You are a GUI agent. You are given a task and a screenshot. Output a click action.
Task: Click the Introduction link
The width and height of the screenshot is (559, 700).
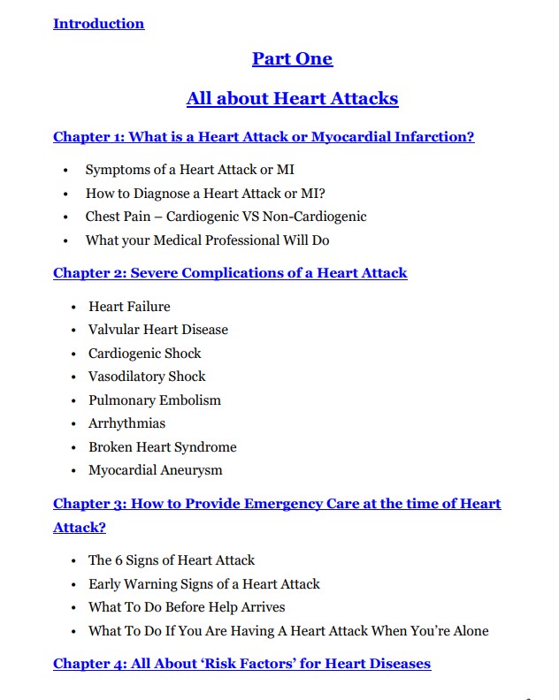click(98, 24)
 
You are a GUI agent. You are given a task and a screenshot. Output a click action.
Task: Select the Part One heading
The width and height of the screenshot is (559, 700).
click(292, 59)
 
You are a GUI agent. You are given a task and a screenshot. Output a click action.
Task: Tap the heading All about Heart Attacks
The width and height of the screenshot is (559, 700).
click(292, 98)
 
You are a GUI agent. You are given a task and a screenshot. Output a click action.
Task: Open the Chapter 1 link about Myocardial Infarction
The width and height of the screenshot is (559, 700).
click(264, 137)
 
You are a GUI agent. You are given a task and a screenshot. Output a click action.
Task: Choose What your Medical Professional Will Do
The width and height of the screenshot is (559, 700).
click(207, 240)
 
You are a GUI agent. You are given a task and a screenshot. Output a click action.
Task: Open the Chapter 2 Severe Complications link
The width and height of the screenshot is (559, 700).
click(230, 273)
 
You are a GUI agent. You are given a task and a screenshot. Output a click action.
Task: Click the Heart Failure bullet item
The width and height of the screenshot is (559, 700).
click(129, 307)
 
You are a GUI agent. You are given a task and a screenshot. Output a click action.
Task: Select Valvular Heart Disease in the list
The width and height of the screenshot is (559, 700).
click(157, 330)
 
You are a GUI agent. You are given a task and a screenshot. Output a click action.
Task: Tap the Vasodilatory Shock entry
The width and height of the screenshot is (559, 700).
click(147, 377)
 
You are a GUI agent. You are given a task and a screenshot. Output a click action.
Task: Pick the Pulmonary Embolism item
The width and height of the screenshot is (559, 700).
click(154, 400)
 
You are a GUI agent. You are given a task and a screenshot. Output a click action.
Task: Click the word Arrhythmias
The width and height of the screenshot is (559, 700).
click(126, 423)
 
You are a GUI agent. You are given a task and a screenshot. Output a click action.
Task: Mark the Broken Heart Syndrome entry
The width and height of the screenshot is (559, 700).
click(162, 447)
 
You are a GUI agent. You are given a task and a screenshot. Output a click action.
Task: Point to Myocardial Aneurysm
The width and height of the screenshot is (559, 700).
click(155, 470)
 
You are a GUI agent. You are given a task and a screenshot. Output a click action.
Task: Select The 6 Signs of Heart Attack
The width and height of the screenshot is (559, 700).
click(171, 560)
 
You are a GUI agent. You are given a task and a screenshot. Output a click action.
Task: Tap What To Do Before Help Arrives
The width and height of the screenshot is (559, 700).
click(186, 607)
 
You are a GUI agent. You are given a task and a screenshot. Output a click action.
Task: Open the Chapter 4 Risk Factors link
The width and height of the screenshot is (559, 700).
click(241, 663)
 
